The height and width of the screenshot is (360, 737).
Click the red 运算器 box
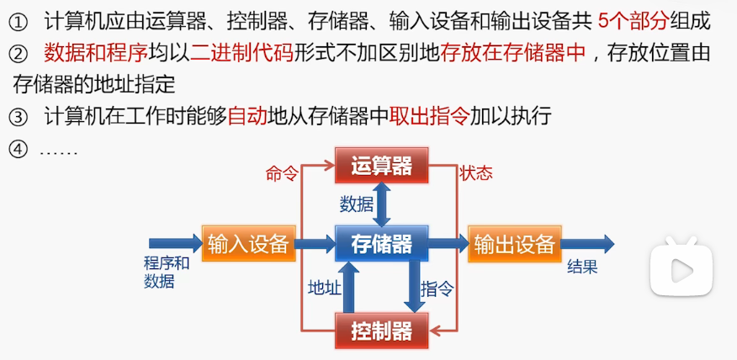(x=381, y=165)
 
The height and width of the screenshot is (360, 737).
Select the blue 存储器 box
(x=381, y=243)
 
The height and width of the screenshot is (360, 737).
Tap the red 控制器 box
(x=381, y=331)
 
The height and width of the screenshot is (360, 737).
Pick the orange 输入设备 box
(x=249, y=243)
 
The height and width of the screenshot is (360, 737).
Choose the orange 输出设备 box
(x=515, y=243)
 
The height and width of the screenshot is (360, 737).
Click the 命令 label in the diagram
(x=282, y=173)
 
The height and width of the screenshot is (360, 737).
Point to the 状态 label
(x=476, y=173)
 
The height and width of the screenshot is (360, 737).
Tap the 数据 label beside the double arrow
(x=357, y=204)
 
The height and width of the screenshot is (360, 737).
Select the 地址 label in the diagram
(x=325, y=288)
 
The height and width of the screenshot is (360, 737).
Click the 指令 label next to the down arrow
(x=437, y=289)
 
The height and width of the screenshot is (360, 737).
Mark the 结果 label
(x=582, y=267)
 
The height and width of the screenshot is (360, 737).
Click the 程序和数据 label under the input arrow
(x=167, y=273)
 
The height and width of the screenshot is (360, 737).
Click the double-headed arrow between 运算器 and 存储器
(x=381, y=204)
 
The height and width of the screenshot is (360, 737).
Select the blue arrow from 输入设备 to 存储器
(x=315, y=243)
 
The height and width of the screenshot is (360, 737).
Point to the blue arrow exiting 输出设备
(x=587, y=243)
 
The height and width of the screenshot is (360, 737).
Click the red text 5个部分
(x=634, y=21)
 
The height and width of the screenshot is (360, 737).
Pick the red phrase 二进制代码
(x=241, y=54)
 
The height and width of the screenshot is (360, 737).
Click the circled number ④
(x=19, y=151)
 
